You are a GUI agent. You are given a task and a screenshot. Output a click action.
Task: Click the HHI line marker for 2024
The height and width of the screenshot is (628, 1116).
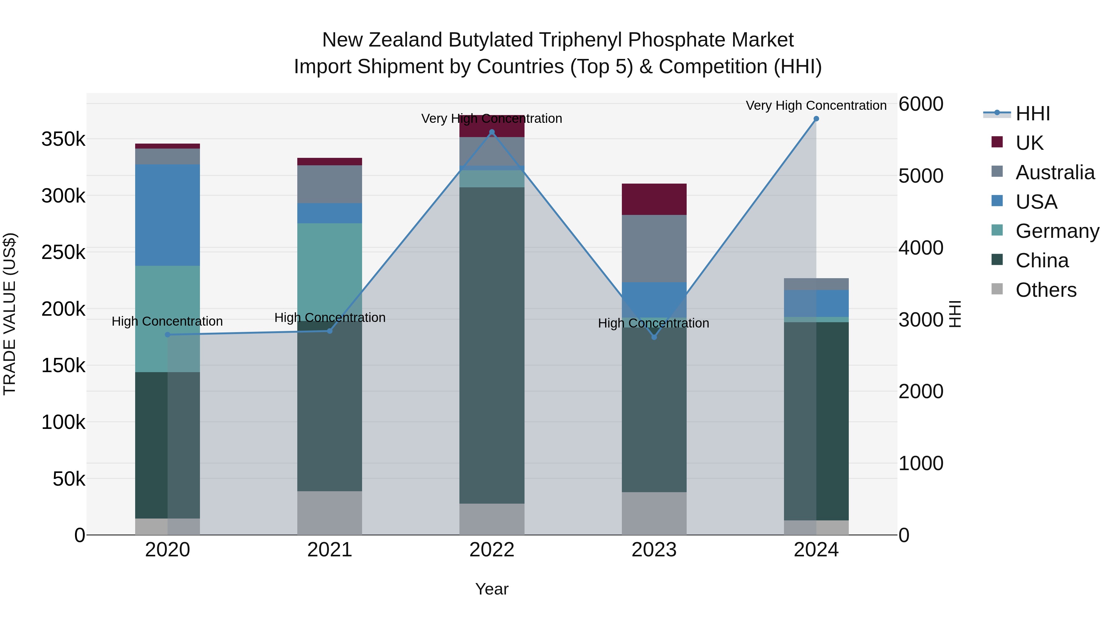(816, 119)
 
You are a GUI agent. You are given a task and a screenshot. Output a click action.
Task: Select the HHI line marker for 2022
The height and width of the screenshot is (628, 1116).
(492, 132)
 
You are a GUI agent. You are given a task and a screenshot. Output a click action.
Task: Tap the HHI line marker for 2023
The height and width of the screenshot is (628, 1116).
(654, 337)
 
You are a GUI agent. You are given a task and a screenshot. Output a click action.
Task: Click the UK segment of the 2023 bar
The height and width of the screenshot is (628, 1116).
(654, 199)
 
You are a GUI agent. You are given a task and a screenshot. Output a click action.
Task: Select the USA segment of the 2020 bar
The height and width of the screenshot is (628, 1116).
(168, 215)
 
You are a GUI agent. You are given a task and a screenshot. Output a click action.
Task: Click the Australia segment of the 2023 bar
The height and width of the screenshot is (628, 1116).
(654, 248)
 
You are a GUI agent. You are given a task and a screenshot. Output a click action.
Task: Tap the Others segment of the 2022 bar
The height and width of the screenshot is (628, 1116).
(492, 519)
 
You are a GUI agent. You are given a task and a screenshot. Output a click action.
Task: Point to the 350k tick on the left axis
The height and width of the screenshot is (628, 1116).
(63, 140)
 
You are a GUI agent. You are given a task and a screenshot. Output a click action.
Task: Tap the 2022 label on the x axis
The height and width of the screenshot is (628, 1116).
(492, 550)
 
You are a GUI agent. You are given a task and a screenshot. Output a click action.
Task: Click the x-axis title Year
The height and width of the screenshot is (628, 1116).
(492, 589)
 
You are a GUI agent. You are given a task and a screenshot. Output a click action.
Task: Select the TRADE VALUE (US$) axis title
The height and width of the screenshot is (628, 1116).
(10, 314)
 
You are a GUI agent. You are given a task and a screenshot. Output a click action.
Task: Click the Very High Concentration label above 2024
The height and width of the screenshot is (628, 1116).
(816, 105)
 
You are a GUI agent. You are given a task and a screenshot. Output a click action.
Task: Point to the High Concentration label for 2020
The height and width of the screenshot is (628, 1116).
(167, 321)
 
